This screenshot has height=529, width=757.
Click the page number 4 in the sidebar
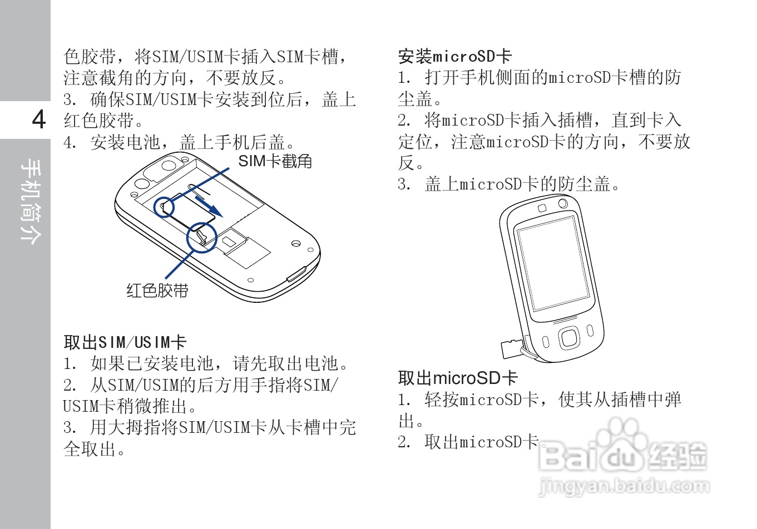coord(38,119)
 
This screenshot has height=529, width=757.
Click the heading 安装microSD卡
coord(454,56)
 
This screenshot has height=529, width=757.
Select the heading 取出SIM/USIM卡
coord(125,342)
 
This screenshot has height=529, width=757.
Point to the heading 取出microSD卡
coord(458,378)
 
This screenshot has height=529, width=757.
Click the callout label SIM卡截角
coord(275,161)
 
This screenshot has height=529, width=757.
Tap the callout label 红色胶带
coord(157,290)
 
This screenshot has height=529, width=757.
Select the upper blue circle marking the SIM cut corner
coord(164,207)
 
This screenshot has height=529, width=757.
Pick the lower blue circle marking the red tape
coord(201,237)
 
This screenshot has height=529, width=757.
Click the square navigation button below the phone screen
coord(568,337)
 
